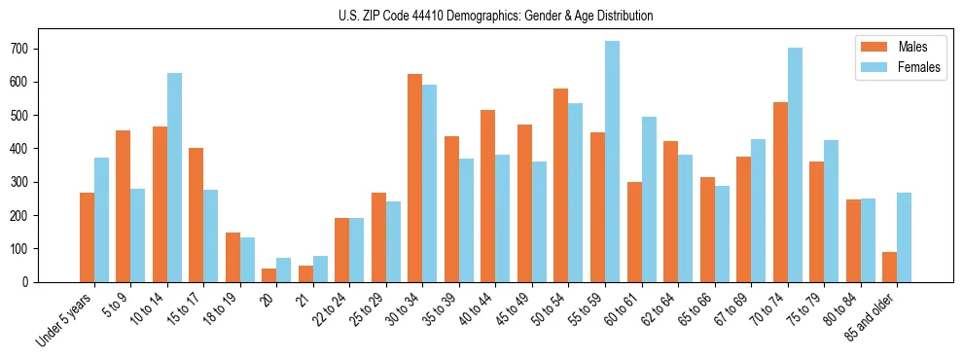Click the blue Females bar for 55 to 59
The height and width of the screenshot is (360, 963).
click(612, 161)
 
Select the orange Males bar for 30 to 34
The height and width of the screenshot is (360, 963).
click(415, 178)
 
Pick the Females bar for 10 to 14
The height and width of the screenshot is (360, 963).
click(174, 177)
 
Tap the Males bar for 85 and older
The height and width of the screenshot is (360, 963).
click(890, 267)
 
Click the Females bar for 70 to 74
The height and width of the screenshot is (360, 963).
click(795, 164)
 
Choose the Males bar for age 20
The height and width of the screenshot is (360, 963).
click(269, 275)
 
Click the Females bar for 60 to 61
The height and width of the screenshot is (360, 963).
click(649, 199)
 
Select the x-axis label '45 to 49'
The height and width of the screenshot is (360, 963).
click(512, 310)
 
